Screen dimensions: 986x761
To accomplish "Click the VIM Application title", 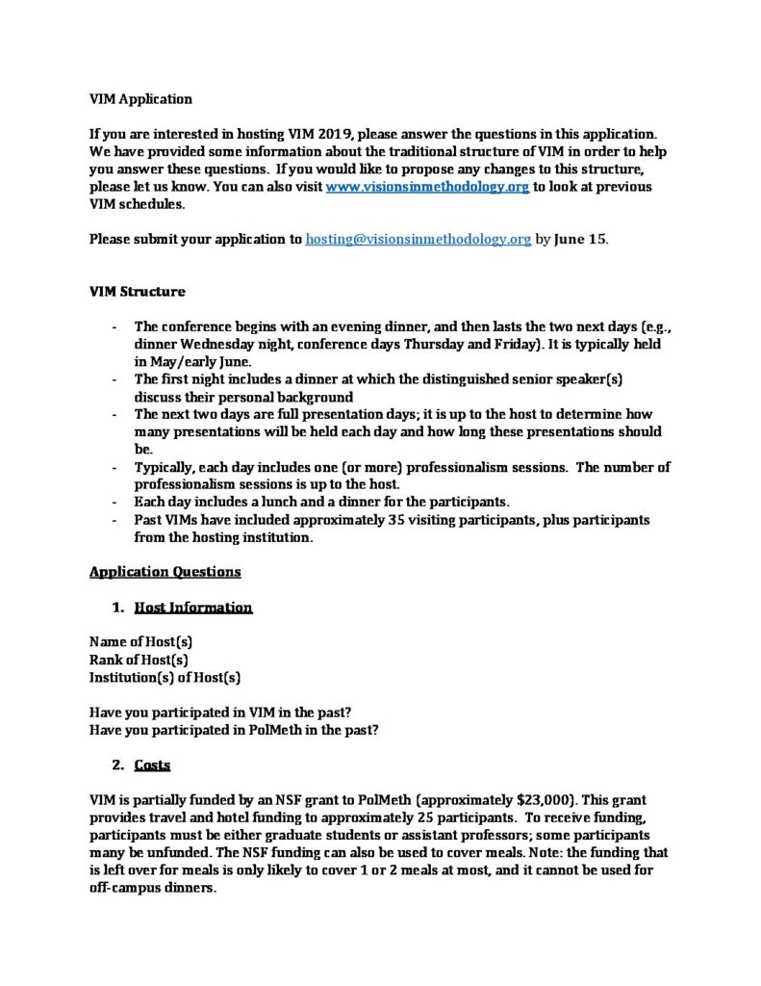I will [140, 99].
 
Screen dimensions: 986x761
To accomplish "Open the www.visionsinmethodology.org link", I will [427, 187].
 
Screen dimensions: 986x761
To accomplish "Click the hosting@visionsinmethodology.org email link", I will [418, 240].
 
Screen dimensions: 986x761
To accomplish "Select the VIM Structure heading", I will [138, 292].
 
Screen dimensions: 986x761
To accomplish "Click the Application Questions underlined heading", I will [165, 571].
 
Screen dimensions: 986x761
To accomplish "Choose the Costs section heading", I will [152, 765].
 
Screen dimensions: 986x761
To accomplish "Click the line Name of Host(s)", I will [141, 642].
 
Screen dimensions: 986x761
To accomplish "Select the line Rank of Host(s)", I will [139, 660].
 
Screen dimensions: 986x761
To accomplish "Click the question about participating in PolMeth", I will [233, 730].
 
